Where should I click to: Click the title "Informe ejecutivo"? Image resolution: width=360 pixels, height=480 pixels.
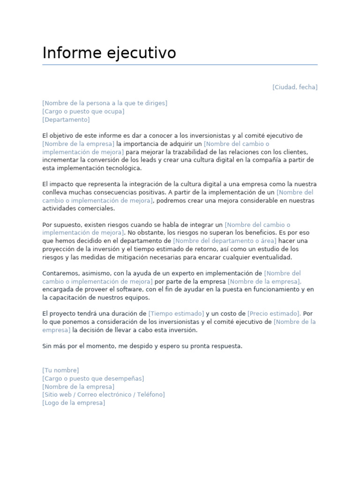point(109,53)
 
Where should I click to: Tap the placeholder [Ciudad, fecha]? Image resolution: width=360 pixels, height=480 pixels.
point(295,87)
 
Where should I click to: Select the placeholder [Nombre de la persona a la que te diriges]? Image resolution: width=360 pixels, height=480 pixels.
point(105,103)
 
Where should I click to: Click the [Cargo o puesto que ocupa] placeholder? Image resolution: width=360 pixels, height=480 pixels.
point(83,112)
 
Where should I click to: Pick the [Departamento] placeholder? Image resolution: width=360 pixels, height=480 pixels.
point(66,120)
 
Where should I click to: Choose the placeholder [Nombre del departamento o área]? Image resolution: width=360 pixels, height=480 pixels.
point(225,241)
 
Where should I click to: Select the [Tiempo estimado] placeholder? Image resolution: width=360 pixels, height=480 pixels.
point(176,314)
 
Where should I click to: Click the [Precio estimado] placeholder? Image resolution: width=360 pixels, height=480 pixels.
point(274,314)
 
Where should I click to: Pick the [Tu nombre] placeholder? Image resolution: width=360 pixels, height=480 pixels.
point(60,370)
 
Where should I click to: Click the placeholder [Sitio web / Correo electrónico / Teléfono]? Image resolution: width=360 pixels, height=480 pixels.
point(104,395)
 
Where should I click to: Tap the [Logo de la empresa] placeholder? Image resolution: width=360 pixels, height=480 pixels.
point(74,403)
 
